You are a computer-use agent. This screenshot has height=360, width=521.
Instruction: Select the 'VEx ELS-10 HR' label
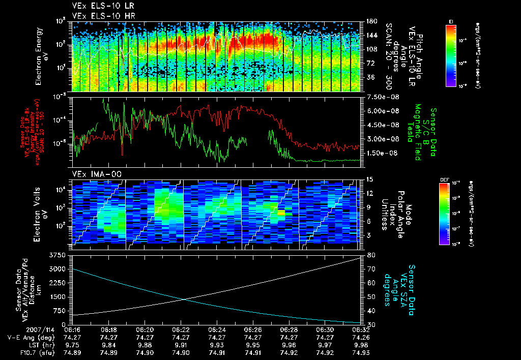(97, 16)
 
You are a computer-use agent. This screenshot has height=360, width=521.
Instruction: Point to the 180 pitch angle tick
(372, 21)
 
